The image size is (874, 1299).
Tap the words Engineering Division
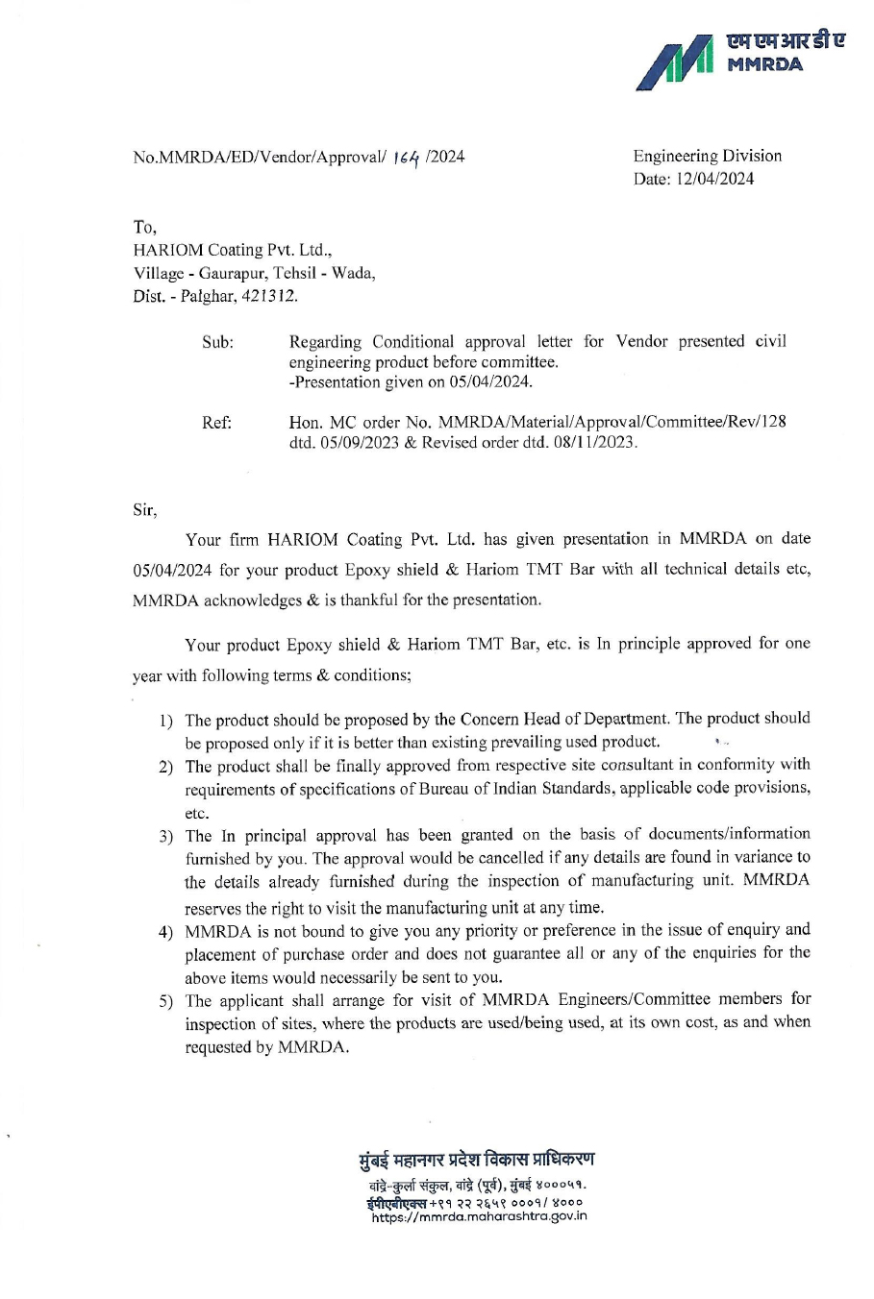[x=707, y=156]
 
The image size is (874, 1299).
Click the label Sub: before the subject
[x=217, y=342]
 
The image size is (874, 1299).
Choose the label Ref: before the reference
[x=216, y=422]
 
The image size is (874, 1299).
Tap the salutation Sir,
[x=144, y=510]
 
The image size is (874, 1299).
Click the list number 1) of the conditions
[x=165, y=721]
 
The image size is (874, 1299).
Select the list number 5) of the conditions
[x=165, y=1002]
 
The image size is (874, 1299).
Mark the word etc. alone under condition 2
[x=196, y=813]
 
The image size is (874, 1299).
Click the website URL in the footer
[x=479, y=1216]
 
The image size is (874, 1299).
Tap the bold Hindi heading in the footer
[x=476, y=1159]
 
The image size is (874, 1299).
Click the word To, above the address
[x=144, y=227]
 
